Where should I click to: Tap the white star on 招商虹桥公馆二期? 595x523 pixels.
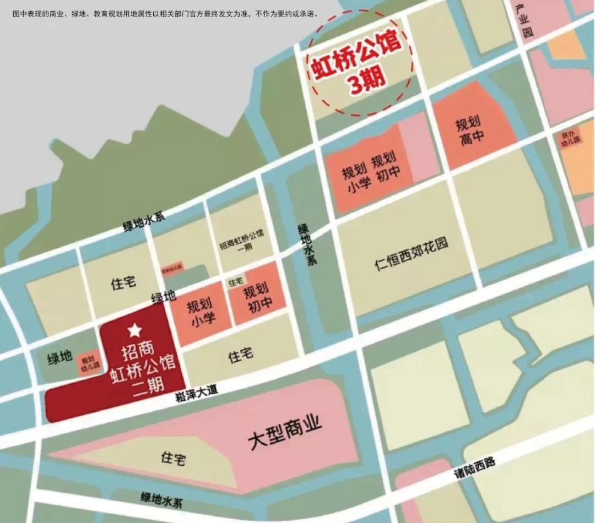coord(134,331)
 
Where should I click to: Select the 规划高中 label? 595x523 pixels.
coord(468,130)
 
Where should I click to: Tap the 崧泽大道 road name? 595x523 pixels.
coord(197,392)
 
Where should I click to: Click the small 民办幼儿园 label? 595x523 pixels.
coord(571,138)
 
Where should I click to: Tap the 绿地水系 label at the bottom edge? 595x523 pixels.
coord(161,499)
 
